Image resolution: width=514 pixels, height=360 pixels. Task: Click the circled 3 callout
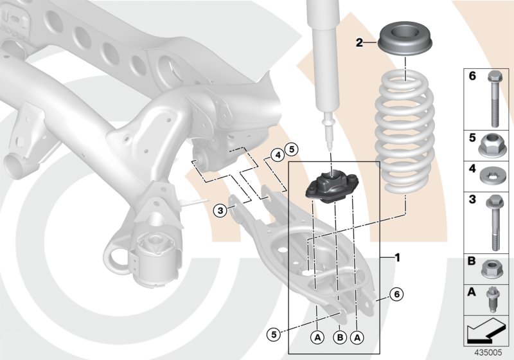point(220,210)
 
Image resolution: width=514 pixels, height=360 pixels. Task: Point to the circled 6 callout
point(396,294)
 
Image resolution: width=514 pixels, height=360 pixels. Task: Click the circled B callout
point(339,335)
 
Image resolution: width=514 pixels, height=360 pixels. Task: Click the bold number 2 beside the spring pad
point(360,43)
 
